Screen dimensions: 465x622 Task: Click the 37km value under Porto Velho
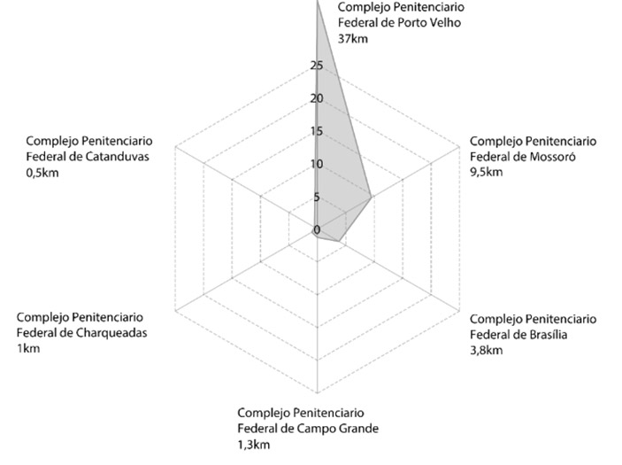(352, 38)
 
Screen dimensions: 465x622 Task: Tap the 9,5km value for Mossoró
(487, 172)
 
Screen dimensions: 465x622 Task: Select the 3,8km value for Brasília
(487, 350)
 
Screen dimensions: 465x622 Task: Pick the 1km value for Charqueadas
(28, 348)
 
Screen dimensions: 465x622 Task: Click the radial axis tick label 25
(317, 66)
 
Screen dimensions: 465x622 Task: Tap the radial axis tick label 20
(317, 98)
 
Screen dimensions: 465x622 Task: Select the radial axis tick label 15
(317, 132)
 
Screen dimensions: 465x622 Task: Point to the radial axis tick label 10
(317, 165)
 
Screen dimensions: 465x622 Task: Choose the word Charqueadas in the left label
(111, 333)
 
